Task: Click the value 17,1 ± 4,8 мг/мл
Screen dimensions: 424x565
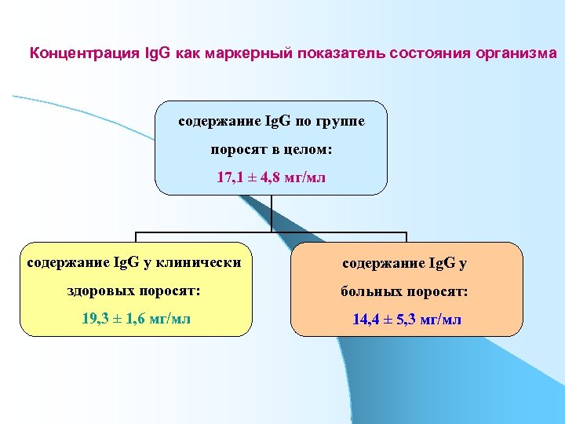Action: (x=271, y=177)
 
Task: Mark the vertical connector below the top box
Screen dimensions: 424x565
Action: (x=271, y=213)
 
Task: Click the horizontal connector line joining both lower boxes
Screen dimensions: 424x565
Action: (x=271, y=233)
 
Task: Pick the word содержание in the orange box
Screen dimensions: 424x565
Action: (x=381, y=261)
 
